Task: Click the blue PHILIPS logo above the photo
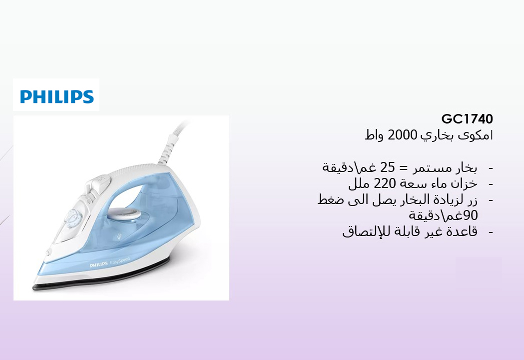tap(57, 96)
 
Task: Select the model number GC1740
tap(467, 119)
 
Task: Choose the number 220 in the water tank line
tap(385, 183)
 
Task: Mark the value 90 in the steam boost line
tap(471, 215)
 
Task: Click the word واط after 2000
tap(374, 135)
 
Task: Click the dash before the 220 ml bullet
tap(491, 184)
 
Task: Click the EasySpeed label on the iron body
tap(120, 261)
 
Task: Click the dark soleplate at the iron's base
tap(100, 277)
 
